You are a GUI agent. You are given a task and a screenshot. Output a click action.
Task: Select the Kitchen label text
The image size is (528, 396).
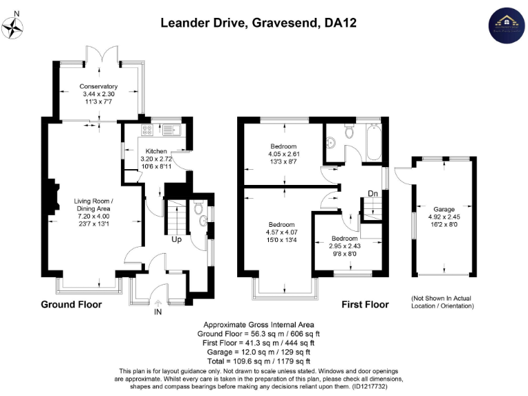point(156,151)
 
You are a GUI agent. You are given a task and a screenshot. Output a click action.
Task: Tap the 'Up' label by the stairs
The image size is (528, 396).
point(176,240)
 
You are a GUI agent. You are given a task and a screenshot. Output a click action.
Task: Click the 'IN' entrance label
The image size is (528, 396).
point(159,312)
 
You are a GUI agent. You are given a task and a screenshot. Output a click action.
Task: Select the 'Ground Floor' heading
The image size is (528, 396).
point(71,305)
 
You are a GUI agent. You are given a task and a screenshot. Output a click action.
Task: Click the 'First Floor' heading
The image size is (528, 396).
point(365,305)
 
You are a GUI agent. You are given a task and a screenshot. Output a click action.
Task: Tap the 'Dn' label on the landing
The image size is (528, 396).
point(372,195)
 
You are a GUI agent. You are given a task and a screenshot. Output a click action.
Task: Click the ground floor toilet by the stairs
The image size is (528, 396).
point(198,206)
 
